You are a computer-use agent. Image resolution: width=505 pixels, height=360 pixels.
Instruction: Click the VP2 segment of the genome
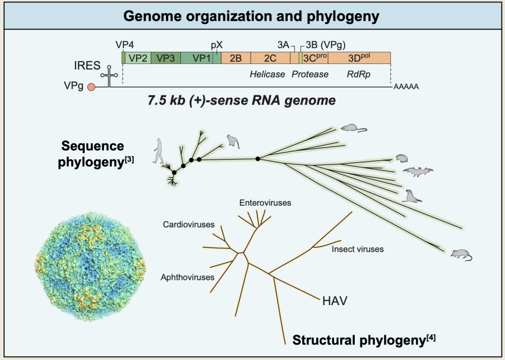(138, 58)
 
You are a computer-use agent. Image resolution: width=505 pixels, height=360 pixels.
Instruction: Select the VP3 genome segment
(165, 58)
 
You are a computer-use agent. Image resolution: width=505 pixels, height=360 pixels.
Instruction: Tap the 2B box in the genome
(236, 58)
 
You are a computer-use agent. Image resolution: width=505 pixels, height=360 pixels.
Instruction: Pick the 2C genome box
(270, 58)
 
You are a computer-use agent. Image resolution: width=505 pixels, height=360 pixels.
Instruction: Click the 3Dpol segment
(359, 58)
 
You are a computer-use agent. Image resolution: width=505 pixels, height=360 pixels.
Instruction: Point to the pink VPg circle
(91, 87)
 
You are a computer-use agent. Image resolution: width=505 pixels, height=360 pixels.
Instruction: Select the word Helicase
(267, 74)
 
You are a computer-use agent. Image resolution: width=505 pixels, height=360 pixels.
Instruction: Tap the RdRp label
(358, 74)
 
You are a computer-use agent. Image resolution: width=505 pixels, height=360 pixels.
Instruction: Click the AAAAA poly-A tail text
(406, 87)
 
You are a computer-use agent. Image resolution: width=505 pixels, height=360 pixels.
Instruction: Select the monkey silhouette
(233, 141)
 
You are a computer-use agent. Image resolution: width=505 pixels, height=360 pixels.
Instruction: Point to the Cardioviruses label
(189, 224)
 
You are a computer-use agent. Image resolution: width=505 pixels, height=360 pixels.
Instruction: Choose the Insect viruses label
(357, 249)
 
